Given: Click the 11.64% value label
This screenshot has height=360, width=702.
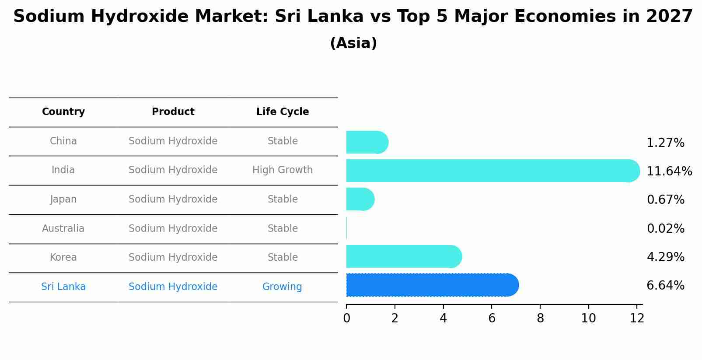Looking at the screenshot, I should (x=669, y=171).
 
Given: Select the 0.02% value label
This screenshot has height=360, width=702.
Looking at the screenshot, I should (x=665, y=228).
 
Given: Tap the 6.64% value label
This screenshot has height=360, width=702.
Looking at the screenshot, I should (x=665, y=286).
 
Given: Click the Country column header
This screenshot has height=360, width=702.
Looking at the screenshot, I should (x=63, y=112).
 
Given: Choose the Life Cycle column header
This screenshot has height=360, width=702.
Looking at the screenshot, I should (x=283, y=112).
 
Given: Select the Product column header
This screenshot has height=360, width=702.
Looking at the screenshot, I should (x=173, y=112).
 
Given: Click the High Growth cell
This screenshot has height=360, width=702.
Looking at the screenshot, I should (x=283, y=170).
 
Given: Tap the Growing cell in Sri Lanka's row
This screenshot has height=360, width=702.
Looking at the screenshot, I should (x=282, y=287).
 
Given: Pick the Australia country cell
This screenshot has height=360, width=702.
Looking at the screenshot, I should (x=63, y=229).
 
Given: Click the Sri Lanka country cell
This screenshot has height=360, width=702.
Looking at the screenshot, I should (x=63, y=287).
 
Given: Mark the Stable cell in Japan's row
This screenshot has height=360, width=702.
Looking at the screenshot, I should (x=283, y=199).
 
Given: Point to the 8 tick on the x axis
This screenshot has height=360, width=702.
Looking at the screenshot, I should (x=540, y=318).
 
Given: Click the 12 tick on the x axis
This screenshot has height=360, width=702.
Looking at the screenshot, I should (x=637, y=318).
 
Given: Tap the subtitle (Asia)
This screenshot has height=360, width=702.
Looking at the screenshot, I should (x=353, y=43).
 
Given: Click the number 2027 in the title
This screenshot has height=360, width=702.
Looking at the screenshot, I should (x=669, y=17).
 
